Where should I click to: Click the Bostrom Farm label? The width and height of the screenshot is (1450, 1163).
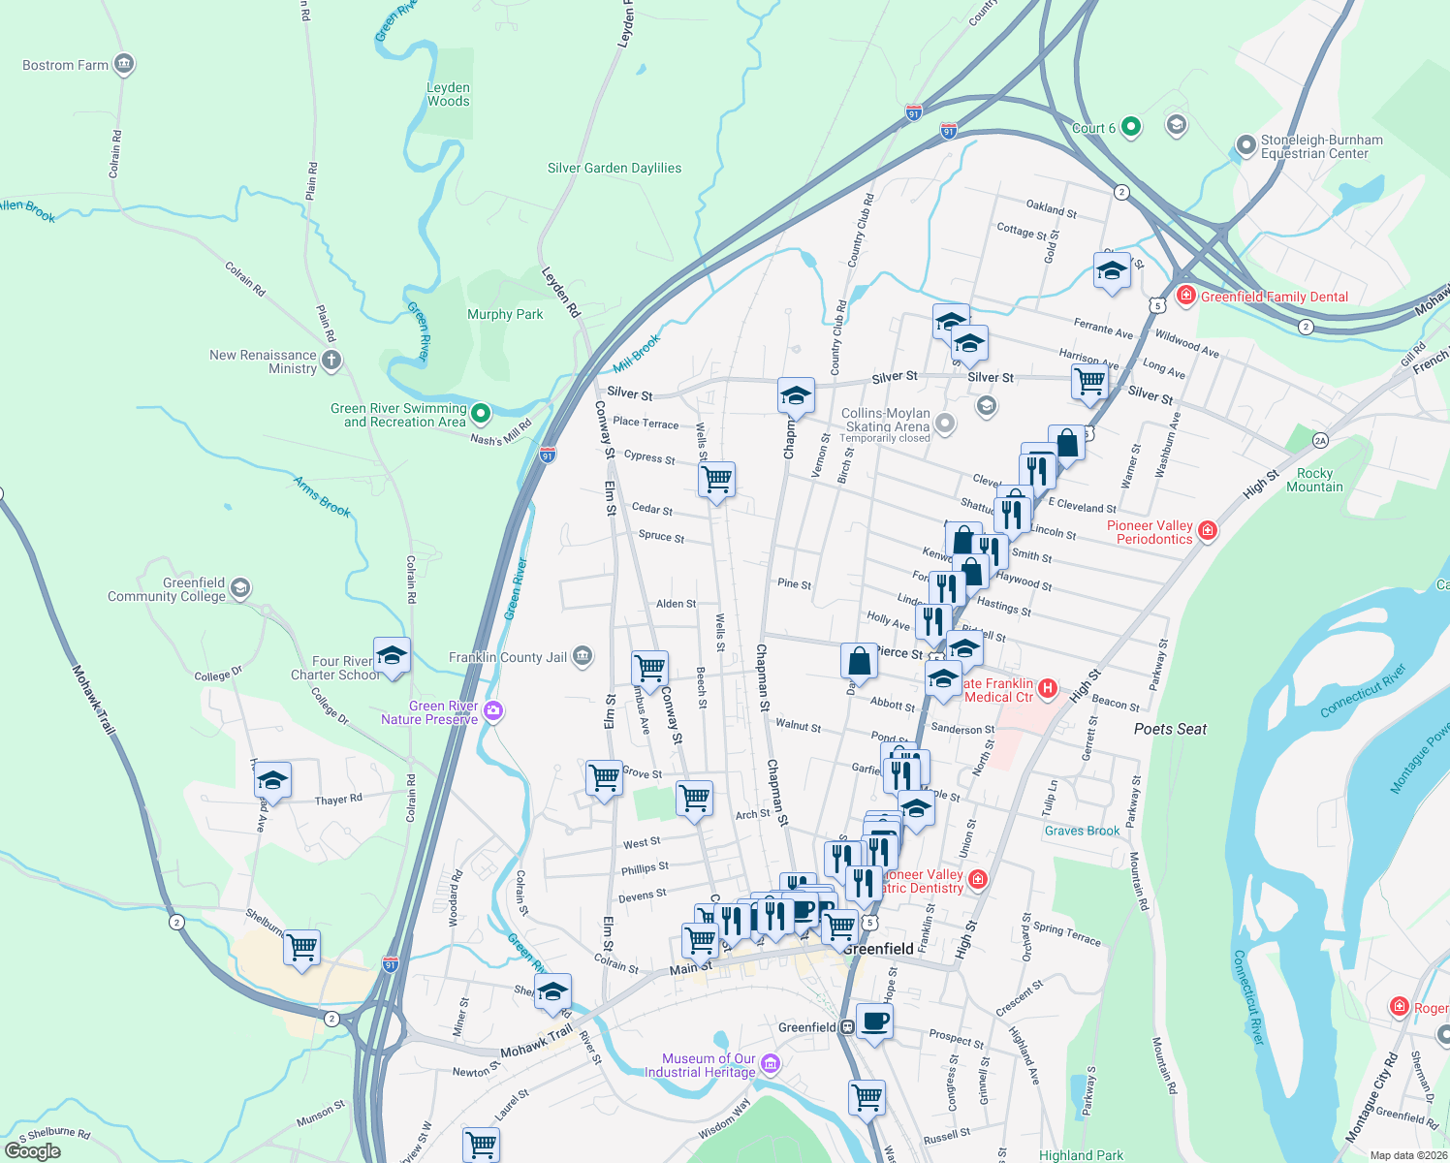pyautogui.click(x=66, y=65)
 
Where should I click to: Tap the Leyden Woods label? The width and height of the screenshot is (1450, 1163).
pyautogui.click(x=448, y=94)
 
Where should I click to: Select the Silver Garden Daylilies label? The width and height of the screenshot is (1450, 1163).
pyautogui.click(x=614, y=168)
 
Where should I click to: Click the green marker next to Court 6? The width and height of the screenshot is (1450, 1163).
pyautogui.click(x=1130, y=127)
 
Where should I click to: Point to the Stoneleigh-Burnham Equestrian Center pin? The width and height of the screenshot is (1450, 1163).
pyautogui.click(x=1245, y=146)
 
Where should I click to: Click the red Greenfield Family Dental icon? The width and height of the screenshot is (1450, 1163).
pyautogui.click(x=1185, y=296)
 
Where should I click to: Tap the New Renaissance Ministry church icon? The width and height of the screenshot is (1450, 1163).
pyautogui.click(x=331, y=361)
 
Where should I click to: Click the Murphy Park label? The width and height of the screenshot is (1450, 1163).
pyautogui.click(x=505, y=314)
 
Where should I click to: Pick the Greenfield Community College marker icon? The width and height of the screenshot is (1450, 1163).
pyautogui.click(x=240, y=588)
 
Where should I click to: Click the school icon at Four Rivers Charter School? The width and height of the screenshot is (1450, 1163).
pyautogui.click(x=392, y=656)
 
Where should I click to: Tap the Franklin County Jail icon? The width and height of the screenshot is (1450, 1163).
pyautogui.click(x=583, y=657)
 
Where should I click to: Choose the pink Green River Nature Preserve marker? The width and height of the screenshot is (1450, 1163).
pyautogui.click(x=493, y=712)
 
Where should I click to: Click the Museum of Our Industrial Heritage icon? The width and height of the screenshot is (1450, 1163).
pyautogui.click(x=771, y=1065)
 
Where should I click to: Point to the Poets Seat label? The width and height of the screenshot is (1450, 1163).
pyautogui.click(x=1170, y=729)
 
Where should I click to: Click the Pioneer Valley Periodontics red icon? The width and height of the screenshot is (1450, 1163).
pyautogui.click(x=1208, y=530)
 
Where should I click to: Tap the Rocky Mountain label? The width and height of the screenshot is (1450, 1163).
pyautogui.click(x=1314, y=480)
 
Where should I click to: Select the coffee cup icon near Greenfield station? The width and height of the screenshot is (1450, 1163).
pyautogui.click(x=874, y=1021)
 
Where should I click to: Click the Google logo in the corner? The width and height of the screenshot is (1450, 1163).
pyautogui.click(x=32, y=1150)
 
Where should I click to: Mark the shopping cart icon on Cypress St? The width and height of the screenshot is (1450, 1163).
pyautogui.click(x=716, y=479)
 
